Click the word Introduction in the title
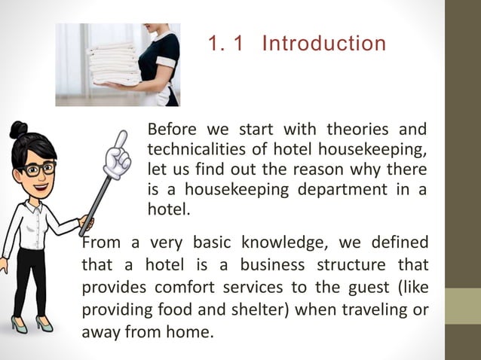[323, 44]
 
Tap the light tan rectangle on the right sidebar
[462, 307]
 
